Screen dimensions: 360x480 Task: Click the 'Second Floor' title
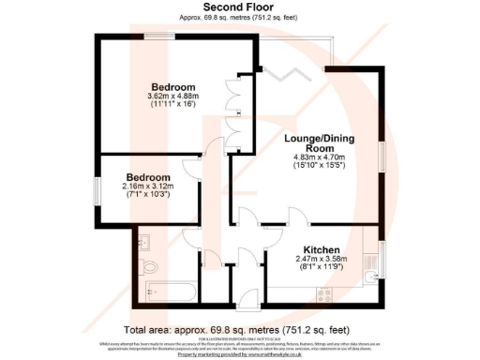click(x=239, y=7)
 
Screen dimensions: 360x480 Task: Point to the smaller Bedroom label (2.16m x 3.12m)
click(x=149, y=177)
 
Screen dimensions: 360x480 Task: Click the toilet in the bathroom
click(x=152, y=267)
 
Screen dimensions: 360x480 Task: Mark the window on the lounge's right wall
click(x=382, y=156)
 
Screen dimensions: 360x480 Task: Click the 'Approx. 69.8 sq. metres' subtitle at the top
click(x=239, y=18)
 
